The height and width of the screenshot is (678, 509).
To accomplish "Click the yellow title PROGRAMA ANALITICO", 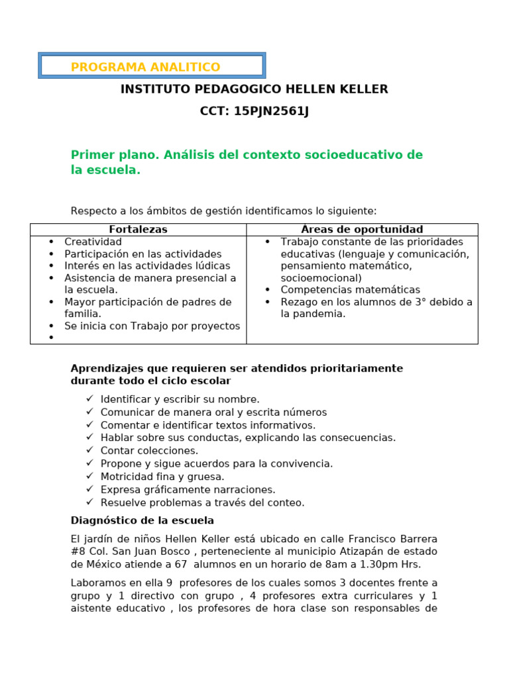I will (x=145, y=67).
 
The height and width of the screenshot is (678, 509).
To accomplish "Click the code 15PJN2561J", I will (x=271, y=111).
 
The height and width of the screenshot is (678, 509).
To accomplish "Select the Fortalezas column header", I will (x=138, y=230).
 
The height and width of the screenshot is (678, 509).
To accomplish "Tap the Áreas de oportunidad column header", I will (x=362, y=230).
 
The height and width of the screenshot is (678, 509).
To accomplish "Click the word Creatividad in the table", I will (x=93, y=242).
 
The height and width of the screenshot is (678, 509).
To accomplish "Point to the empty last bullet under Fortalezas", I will (x=51, y=338).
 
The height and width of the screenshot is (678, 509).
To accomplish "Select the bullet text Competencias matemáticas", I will (x=350, y=290).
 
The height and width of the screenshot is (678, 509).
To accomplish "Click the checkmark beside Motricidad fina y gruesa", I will (x=89, y=476).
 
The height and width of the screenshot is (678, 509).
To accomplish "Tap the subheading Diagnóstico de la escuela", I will (x=142, y=521).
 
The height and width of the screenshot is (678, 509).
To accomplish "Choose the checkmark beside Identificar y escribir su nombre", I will (x=89, y=399).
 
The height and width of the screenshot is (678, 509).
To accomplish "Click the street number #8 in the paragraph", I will (x=79, y=552).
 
